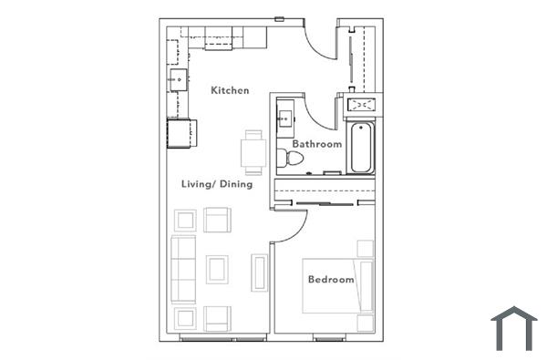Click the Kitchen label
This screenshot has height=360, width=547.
[x=230, y=90]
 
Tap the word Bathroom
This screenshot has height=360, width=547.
[x=316, y=144]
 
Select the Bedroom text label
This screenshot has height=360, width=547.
[x=330, y=280]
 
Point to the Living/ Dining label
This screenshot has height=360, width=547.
[x=216, y=184]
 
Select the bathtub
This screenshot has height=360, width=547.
[x=360, y=149]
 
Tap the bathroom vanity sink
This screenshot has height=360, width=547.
[x=285, y=118]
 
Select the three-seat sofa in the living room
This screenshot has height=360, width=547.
[x=184, y=270]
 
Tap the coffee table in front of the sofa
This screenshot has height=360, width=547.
[x=217, y=269]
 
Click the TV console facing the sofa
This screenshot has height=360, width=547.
[x=259, y=273]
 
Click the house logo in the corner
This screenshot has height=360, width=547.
[x=513, y=327]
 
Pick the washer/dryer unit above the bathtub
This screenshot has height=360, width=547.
[x=362, y=105]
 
